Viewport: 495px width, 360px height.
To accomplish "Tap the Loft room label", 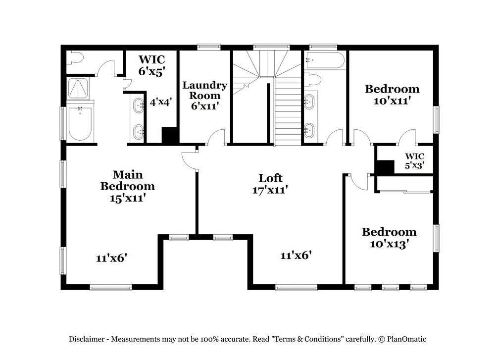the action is tap(270, 178).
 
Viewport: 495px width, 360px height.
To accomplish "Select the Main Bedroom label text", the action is tap(128, 180).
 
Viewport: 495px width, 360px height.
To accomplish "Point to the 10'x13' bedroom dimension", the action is tap(390, 244).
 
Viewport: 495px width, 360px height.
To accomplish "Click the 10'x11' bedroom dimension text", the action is tap(392, 101).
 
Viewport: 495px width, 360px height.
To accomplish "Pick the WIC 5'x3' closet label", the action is tap(414, 161).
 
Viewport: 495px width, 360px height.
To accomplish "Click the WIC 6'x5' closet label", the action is tap(152, 65).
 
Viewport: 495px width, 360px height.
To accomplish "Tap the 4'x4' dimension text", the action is tap(161, 102).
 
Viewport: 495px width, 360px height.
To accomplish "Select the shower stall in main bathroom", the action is tap(78, 88).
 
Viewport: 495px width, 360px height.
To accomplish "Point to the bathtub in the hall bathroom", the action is tap(325, 60).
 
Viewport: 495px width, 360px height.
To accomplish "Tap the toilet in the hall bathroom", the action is tap(312, 79).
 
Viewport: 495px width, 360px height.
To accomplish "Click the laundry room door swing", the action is tap(216, 137).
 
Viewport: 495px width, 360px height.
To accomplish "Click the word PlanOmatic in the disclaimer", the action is tap(406, 339).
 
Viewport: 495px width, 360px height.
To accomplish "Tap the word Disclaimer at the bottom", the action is tap(87, 339).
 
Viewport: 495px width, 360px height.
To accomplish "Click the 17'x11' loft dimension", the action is tap(270, 190).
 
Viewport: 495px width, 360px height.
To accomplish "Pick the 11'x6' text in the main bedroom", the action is tap(111, 258).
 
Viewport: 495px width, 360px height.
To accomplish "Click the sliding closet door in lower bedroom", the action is tap(405, 191).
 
